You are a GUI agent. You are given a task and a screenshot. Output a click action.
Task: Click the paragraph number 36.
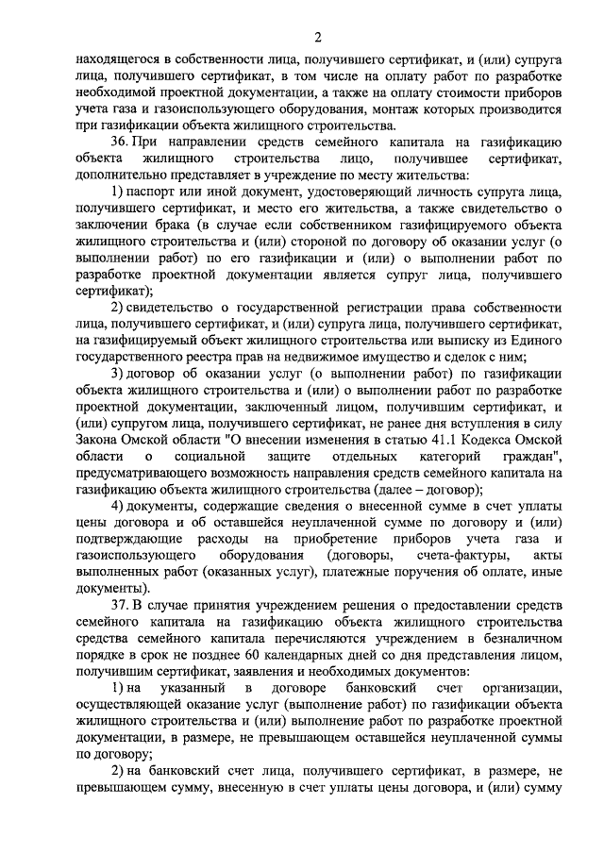(120, 142)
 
